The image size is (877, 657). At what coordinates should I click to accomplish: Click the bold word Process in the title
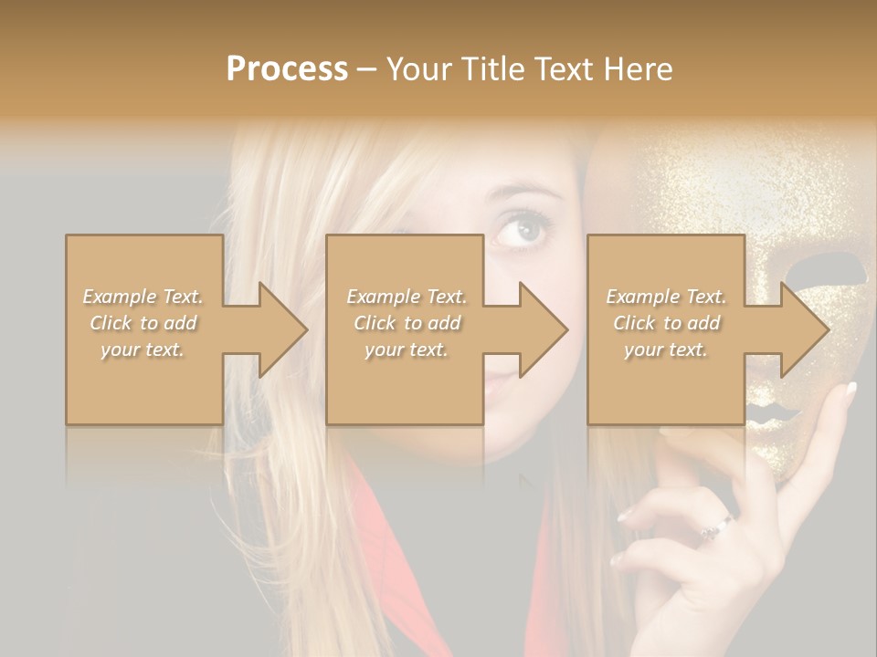[x=287, y=69]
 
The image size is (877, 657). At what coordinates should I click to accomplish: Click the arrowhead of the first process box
[x=282, y=329]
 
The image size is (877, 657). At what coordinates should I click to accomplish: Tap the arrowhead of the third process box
[x=805, y=329]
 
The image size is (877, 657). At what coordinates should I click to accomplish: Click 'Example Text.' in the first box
[x=143, y=297]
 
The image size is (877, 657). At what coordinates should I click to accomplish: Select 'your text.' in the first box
[x=143, y=349]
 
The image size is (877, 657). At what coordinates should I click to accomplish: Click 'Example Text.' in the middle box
[x=407, y=297]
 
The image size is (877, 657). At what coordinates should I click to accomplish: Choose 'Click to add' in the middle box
[x=407, y=323]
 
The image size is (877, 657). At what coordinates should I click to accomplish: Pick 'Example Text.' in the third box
[x=666, y=297]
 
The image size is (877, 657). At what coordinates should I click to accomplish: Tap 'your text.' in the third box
[x=666, y=349]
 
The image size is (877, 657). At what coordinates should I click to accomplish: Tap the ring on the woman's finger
[x=717, y=527]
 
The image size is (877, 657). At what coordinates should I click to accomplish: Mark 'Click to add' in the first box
[x=143, y=323]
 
